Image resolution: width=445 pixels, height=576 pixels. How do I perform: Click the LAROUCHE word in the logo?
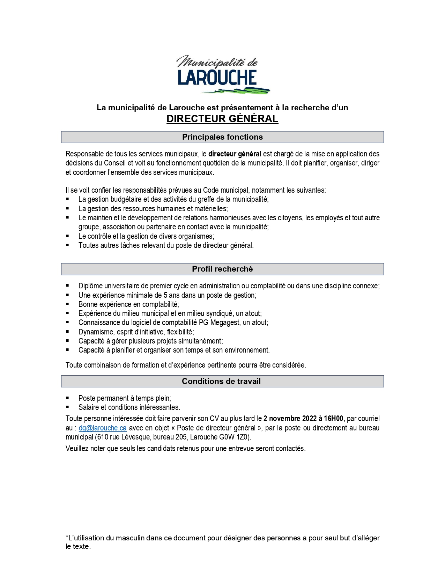217,77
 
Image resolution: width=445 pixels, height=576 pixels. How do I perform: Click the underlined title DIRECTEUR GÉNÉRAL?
222,119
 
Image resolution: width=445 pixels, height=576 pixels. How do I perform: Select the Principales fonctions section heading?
222,137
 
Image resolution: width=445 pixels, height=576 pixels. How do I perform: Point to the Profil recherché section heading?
222,269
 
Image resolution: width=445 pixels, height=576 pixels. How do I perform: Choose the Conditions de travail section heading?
221,381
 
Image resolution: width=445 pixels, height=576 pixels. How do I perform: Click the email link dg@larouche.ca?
103,428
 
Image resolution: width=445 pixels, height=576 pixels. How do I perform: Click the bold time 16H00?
334,419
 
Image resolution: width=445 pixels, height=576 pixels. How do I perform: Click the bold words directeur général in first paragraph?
235,154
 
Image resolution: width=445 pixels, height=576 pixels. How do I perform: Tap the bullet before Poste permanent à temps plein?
68,398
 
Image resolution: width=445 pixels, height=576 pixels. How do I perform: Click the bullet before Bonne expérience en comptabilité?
68,304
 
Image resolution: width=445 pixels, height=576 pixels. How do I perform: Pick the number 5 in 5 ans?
165,295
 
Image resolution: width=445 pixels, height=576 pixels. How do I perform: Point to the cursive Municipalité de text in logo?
217,62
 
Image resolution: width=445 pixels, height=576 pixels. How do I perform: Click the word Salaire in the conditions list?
89,407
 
